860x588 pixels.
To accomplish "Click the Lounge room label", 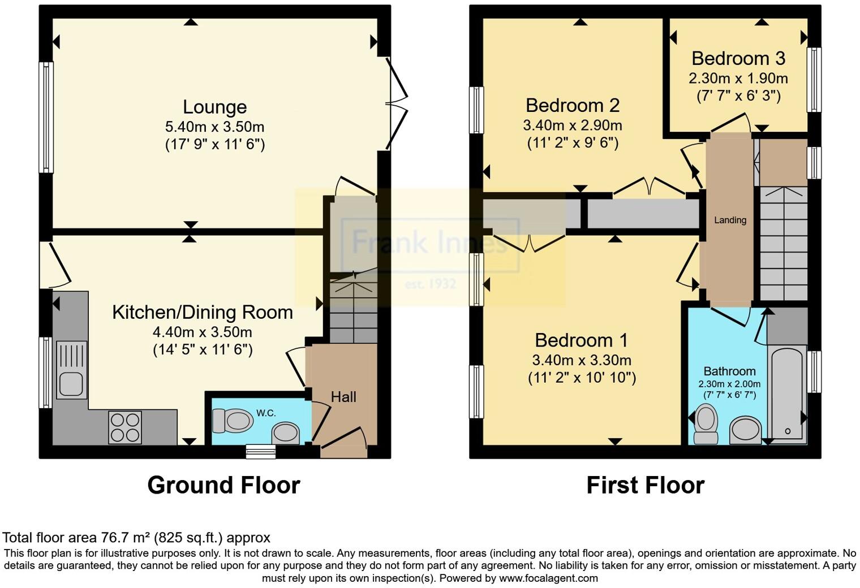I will tap(214, 107).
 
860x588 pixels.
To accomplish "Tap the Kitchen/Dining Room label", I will tap(202, 312).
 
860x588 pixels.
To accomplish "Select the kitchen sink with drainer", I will tap(72, 370).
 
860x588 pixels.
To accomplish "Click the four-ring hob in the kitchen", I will tap(125, 427).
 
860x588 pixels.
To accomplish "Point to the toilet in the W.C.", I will tap(233, 421).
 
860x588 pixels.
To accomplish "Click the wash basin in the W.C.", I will tap(286, 434).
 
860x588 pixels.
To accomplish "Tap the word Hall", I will tap(343, 397).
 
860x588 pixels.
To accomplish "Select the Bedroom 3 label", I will tap(738, 58).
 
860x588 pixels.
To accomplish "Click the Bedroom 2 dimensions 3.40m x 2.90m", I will tap(573, 125).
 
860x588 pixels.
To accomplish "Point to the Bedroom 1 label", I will tap(581, 340).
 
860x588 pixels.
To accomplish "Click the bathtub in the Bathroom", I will tap(786, 393).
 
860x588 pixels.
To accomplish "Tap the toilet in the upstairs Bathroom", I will tap(706, 423).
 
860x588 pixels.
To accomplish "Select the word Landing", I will tap(730, 220).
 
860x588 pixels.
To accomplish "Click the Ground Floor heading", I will tap(223, 485).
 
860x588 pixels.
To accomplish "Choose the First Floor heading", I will tap(645, 485).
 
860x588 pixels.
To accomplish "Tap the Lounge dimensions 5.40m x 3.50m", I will tap(214, 127).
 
